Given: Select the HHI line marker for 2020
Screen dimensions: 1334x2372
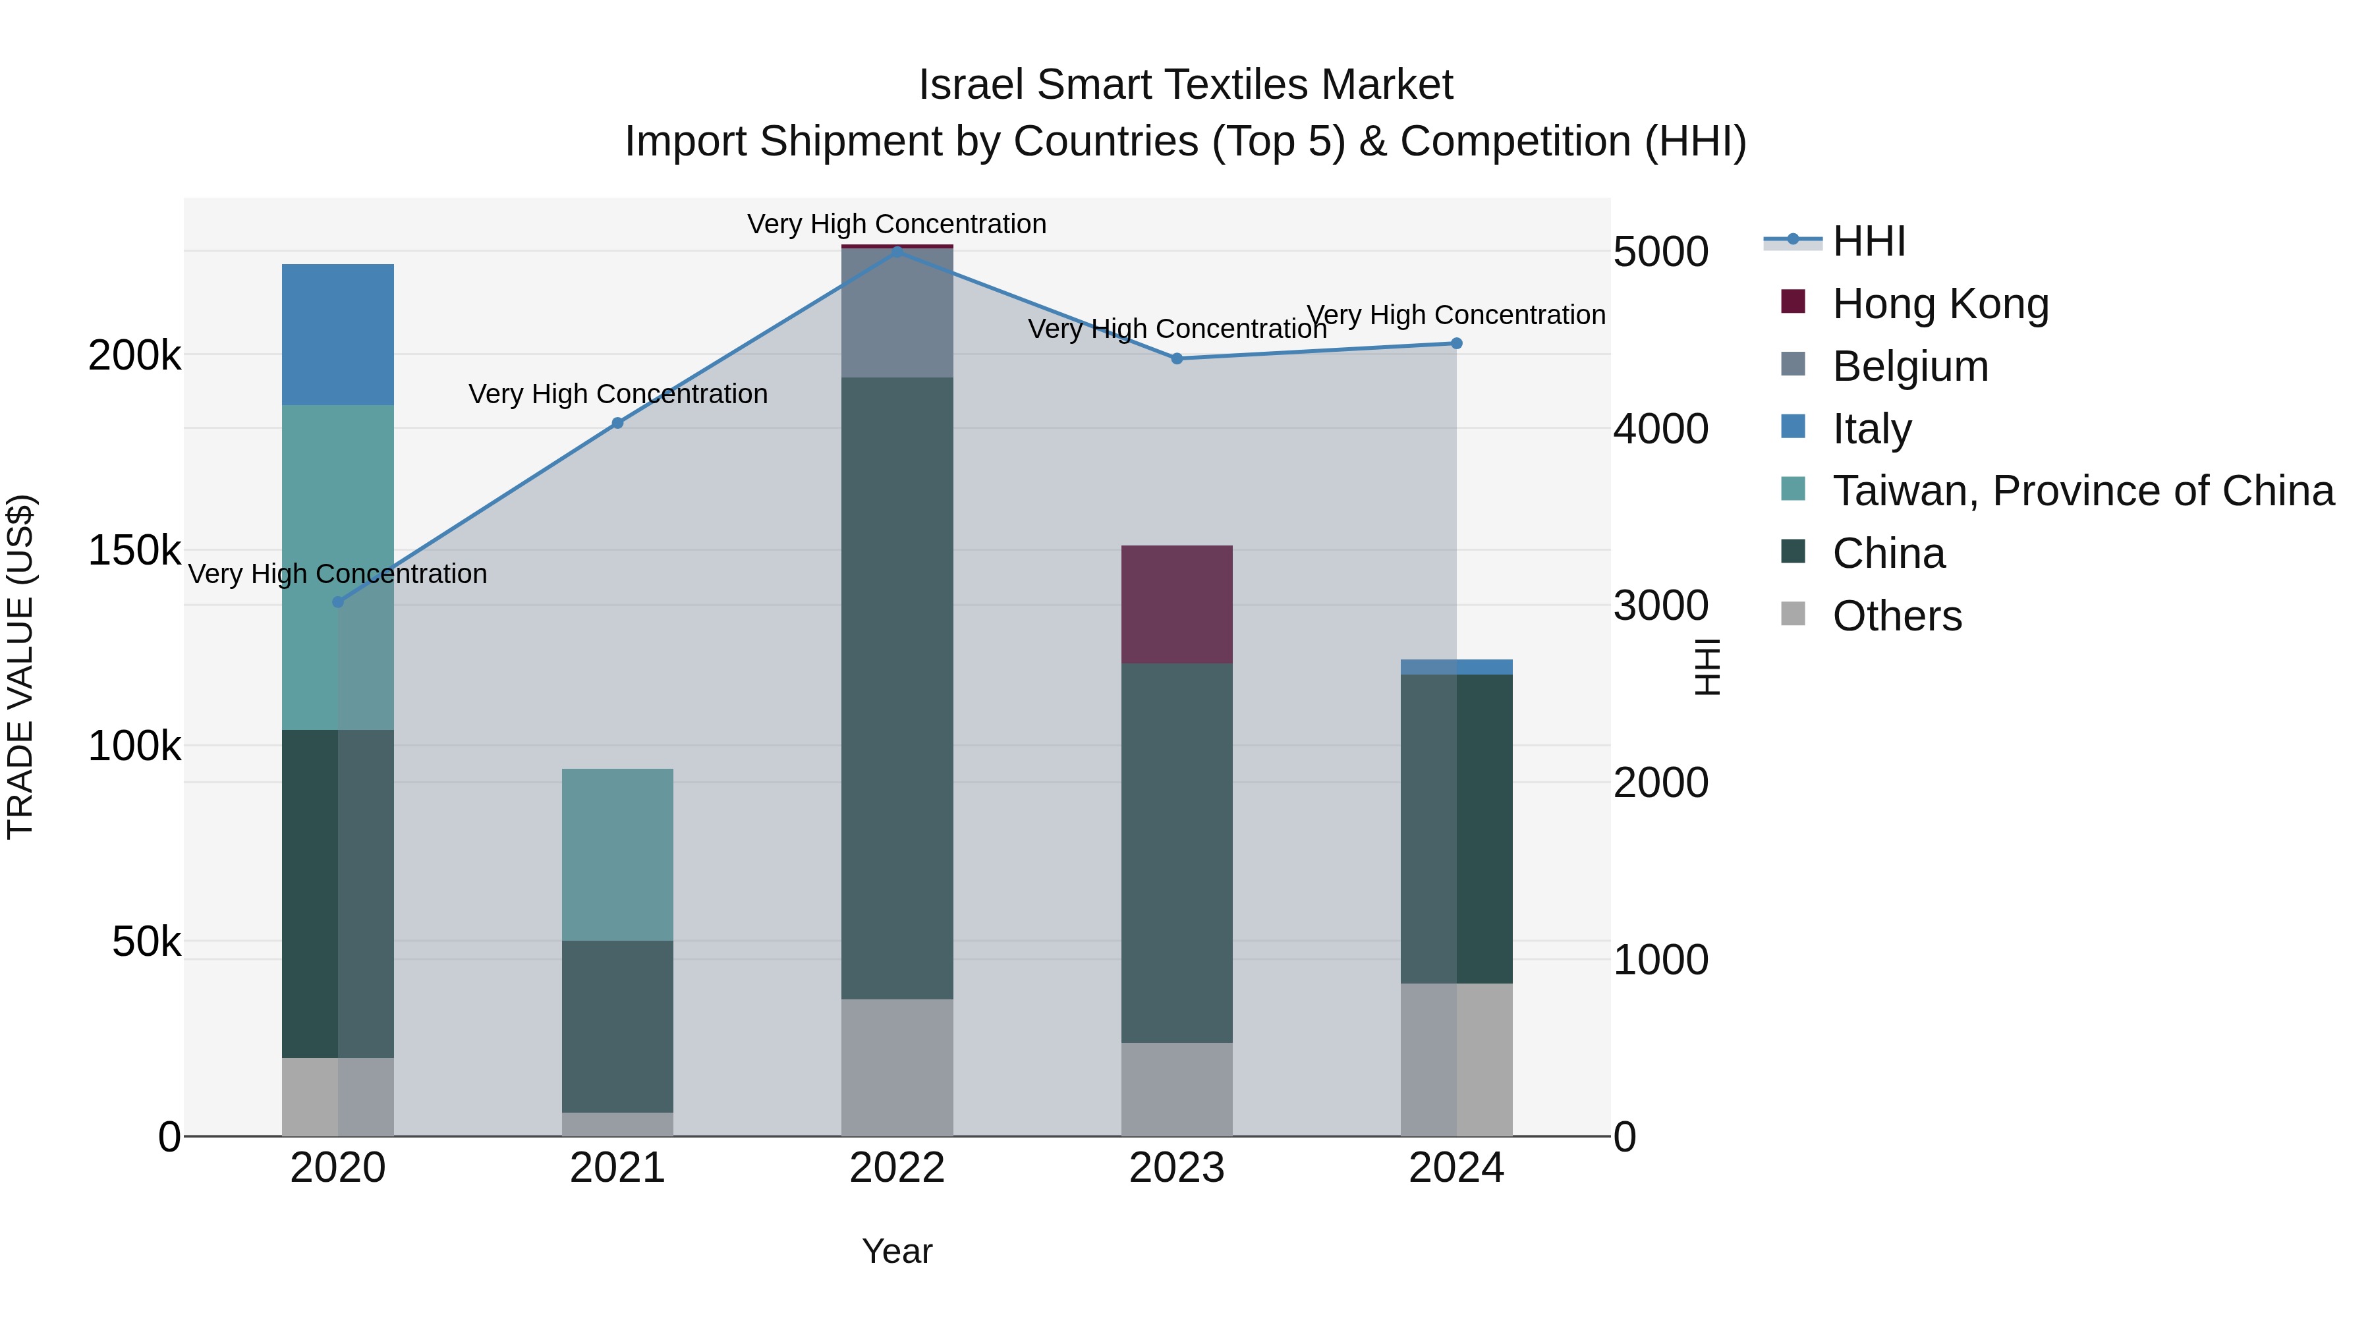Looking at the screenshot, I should click(338, 602).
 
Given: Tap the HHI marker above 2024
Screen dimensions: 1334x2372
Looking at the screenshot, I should click(1455, 343).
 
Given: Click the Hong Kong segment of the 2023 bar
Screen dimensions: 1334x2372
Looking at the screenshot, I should click(1176, 604).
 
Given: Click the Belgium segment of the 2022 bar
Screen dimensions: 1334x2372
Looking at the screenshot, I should click(897, 312).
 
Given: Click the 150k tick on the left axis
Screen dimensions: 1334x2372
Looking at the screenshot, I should click(134, 551).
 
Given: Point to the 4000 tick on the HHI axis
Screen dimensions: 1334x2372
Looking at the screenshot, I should click(1660, 429).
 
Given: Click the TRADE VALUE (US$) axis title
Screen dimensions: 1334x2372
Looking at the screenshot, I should click(20, 667).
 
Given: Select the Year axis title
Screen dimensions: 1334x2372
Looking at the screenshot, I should click(897, 1251).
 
